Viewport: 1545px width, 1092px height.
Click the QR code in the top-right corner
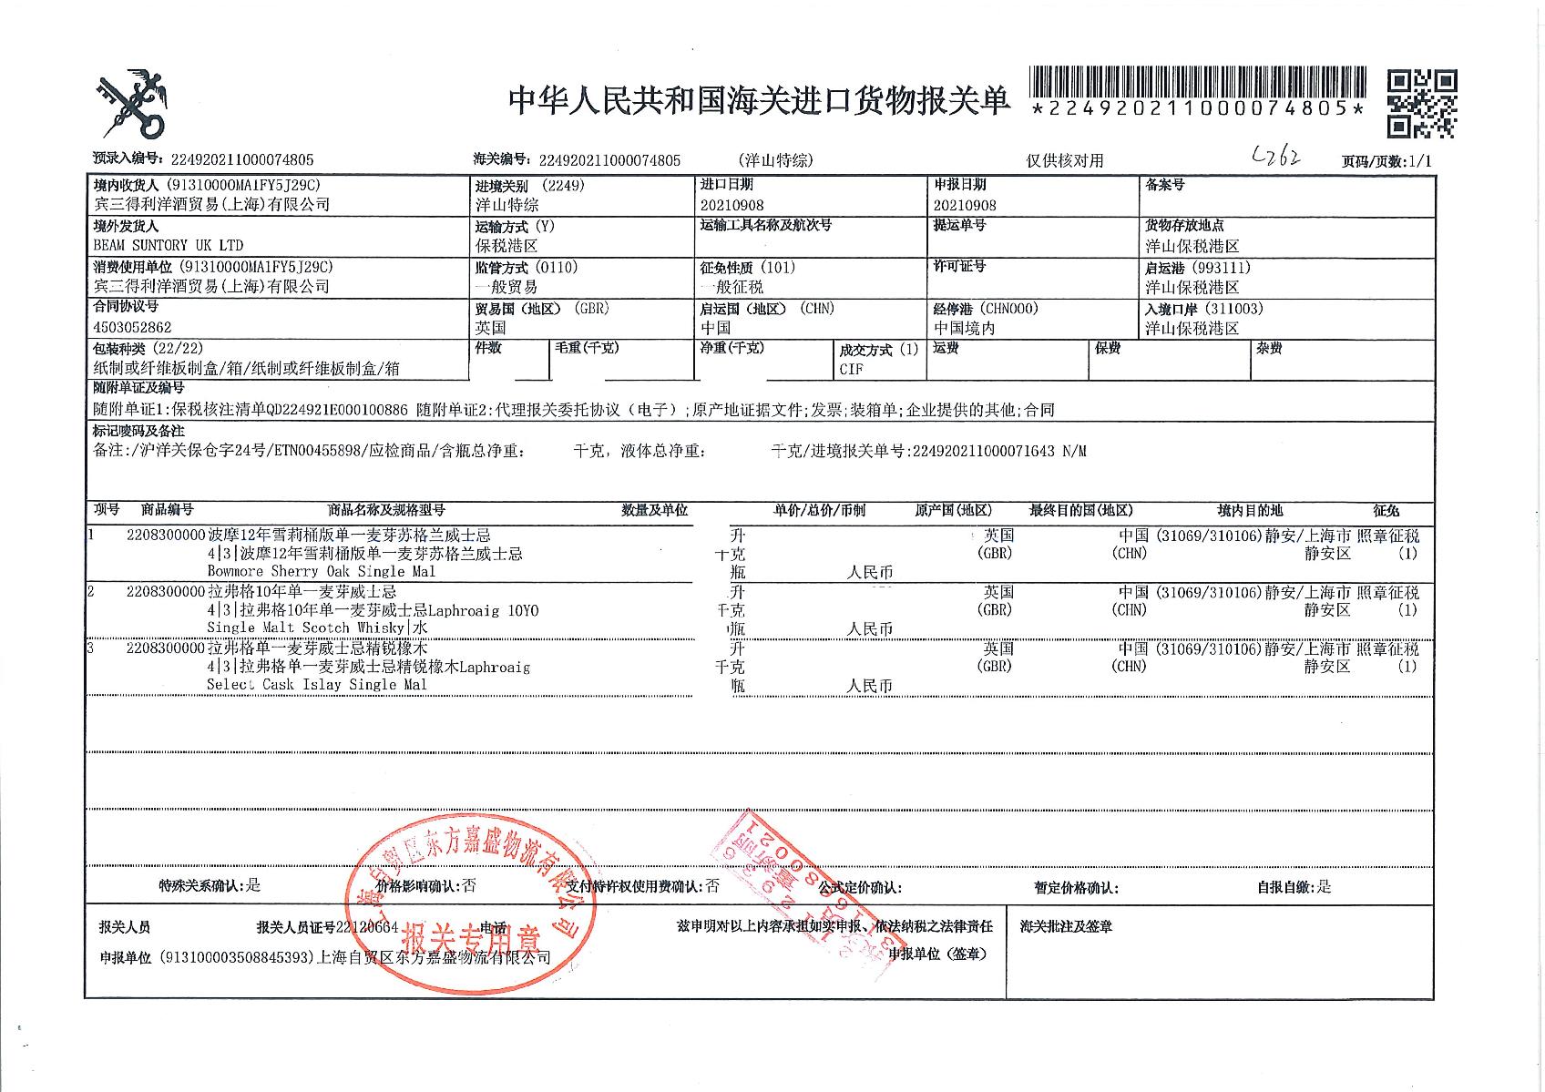coord(1421,104)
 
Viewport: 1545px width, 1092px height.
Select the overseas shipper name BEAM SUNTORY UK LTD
coord(169,245)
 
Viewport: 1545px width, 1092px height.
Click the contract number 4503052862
coord(132,327)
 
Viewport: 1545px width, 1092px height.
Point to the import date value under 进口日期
coord(732,206)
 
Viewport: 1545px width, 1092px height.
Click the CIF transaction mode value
coord(851,369)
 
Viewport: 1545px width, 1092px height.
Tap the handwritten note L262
coord(1276,158)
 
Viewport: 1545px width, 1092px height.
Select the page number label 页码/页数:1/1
coord(1386,161)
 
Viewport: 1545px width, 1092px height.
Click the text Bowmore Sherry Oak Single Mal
coord(322,572)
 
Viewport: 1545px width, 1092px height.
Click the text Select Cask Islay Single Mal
coord(316,685)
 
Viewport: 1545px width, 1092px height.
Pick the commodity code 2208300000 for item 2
coord(166,592)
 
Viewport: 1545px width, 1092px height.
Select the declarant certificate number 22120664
coord(367,927)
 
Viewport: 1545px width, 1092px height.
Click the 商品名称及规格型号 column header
coord(386,510)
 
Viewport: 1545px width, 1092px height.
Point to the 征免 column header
coord(1386,511)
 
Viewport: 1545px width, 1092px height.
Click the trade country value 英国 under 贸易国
coord(490,327)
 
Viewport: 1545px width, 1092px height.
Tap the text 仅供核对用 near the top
coord(1064,161)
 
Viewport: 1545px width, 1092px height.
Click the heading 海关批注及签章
coord(1066,927)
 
